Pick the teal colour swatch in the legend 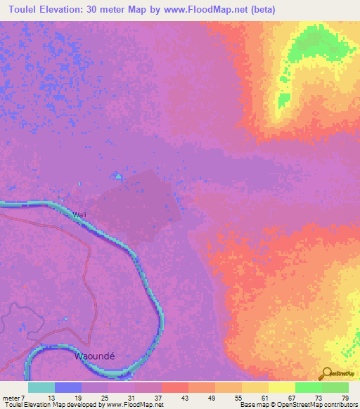[x=41, y=387]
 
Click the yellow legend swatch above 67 [x=281, y=387]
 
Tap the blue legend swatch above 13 [x=67, y=387]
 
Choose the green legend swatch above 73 [x=308, y=387]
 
